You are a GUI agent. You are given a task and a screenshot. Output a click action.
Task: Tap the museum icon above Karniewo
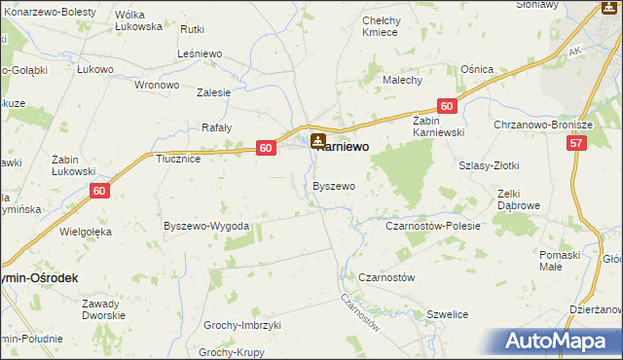[x=318, y=141]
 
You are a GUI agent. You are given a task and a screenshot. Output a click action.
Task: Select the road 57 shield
[x=577, y=144]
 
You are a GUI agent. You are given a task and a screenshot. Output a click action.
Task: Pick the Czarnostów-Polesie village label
[x=433, y=226]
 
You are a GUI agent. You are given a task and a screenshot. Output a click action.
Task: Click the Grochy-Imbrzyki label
[x=241, y=325]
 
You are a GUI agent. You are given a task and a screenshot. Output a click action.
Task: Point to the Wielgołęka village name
[x=87, y=232]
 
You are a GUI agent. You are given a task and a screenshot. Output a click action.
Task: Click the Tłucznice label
[x=178, y=159]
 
